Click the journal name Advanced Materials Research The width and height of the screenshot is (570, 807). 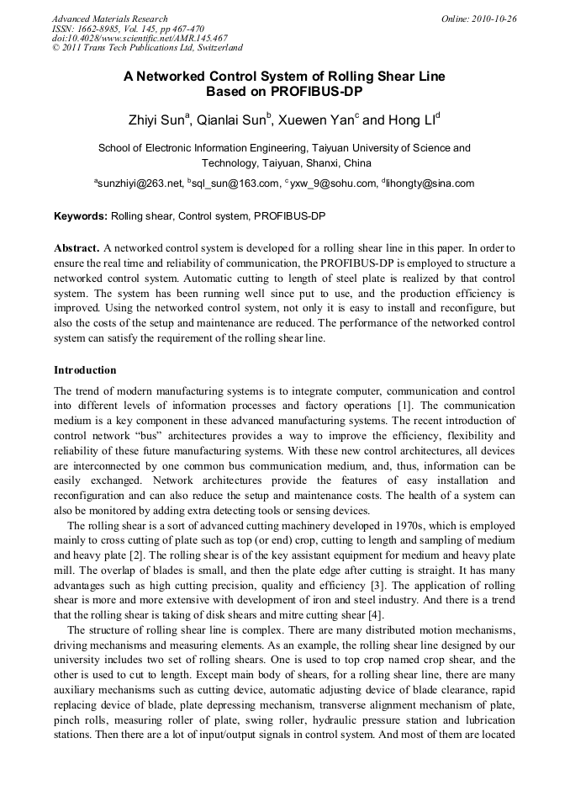[109, 19]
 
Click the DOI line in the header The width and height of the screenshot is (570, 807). [140, 38]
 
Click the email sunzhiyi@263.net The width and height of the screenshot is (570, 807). [140, 183]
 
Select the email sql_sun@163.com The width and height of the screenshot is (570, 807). [236, 183]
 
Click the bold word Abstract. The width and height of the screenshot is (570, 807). [77, 248]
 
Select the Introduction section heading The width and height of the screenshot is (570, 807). [85, 370]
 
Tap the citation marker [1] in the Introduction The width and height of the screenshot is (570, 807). [404, 406]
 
